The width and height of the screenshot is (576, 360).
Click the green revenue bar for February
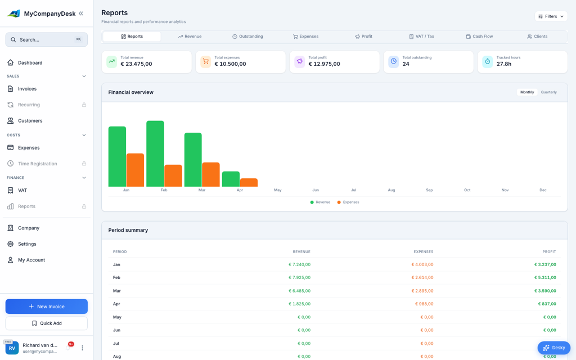click(155, 154)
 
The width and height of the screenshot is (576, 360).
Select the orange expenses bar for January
click(135, 170)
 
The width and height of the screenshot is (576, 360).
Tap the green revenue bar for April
click(231, 179)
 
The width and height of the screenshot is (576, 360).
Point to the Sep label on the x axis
click(429, 190)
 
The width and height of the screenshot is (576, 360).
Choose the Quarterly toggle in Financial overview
click(548, 92)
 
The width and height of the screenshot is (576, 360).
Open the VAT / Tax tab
click(421, 37)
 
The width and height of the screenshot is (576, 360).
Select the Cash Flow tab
click(479, 37)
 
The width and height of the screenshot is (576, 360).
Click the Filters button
click(551, 16)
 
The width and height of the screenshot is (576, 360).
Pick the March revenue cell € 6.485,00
click(299, 291)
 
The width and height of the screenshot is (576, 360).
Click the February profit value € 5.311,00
click(544, 277)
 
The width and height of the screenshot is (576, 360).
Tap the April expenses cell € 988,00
click(424, 304)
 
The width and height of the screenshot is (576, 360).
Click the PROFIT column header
click(549, 251)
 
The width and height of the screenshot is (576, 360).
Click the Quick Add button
click(46, 323)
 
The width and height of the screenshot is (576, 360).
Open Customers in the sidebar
click(30, 120)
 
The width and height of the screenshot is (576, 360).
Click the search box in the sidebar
click(46, 40)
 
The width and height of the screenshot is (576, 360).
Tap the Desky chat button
click(553, 348)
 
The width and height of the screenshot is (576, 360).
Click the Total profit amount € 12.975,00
click(324, 64)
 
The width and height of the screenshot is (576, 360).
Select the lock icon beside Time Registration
click(84, 164)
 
